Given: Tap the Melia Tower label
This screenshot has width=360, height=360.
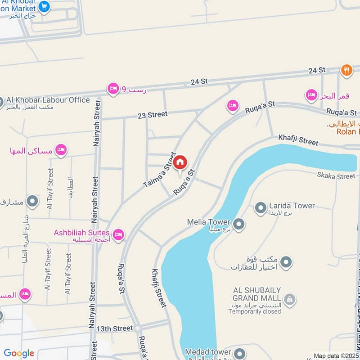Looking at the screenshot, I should (209, 222).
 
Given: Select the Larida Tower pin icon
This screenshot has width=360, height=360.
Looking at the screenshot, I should (261, 208).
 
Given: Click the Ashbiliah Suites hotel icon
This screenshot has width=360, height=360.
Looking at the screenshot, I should (119, 234).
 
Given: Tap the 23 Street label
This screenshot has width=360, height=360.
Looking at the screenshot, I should (153, 115).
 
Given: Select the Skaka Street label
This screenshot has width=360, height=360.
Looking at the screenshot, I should (336, 176).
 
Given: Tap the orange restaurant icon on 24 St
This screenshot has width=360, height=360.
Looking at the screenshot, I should (346, 70).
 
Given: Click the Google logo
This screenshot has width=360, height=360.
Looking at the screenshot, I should (19, 353).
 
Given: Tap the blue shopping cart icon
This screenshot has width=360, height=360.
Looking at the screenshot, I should (44, 6).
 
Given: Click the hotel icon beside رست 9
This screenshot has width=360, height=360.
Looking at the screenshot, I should (113, 89).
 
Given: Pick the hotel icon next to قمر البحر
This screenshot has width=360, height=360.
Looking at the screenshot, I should (311, 95).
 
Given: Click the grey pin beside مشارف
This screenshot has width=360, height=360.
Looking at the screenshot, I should (32, 201).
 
